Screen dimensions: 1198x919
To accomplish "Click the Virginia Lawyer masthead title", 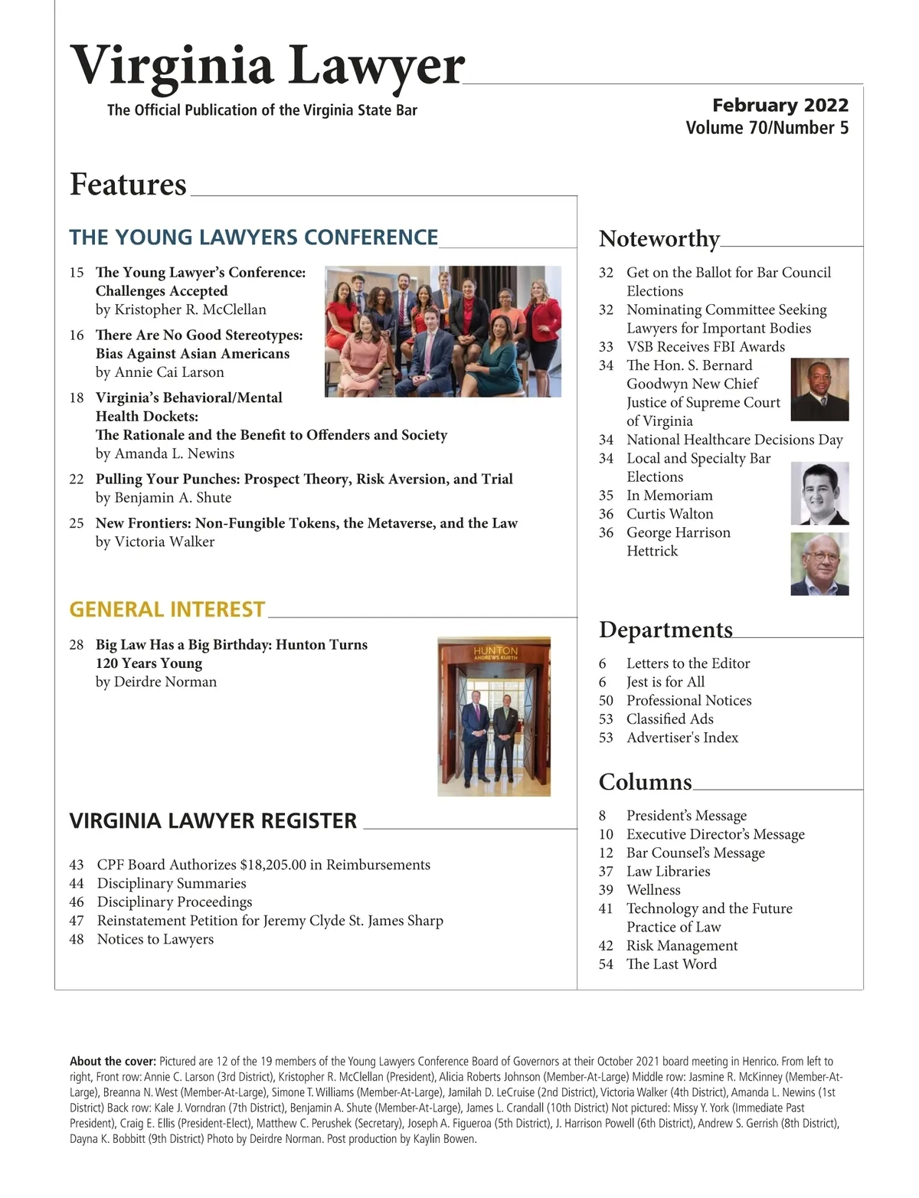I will pyautogui.click(x=267, y=64).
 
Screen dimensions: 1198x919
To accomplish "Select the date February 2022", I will pyautogui.click(x=780, y=105).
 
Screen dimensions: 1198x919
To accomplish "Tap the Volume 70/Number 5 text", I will pyautogui.click(x=767, y=128).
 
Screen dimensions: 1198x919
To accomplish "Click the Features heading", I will pyautogui.click(x=128, y=185).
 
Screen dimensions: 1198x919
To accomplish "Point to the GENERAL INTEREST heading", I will pyautogui.click(x=167, y=610).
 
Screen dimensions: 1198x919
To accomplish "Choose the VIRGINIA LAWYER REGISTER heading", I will pyautogui.click(x=213, y=821).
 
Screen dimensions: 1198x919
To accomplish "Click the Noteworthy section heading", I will pyautogui.click(x=659, y=239).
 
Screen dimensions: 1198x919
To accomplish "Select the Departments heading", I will pyautogui.click(x=666, y=630).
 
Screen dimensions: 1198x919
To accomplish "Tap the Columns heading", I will pyautogui.click(x=645, y=782).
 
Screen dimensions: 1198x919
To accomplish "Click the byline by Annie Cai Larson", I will pyautogui.click(x=159, y=372).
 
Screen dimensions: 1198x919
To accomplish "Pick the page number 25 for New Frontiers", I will pyautogui.click(x=77, y=523).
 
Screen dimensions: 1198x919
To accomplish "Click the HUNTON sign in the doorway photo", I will pyautogui.click(x=495, y=651).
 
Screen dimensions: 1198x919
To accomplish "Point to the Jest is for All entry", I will pyautogui.click(x=665, y=682).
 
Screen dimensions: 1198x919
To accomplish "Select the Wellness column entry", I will pyautogui.click(x=652, y=890).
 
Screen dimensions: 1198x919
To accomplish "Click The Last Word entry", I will pyautogui.click(x=671, y=964).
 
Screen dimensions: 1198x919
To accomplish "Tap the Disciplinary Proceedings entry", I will pyautogui.click(x=174, y=902).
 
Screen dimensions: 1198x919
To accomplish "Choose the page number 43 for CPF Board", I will pyautogui.click(x=77, y=865).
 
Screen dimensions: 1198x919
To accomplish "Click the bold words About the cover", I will pyautogui.click(x=113, y=1062).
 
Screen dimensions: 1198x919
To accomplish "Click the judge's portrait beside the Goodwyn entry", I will pyautogui.click(x=819, y=389).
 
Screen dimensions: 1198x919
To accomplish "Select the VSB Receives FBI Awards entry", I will pyautogui.click(x=705, y=347).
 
